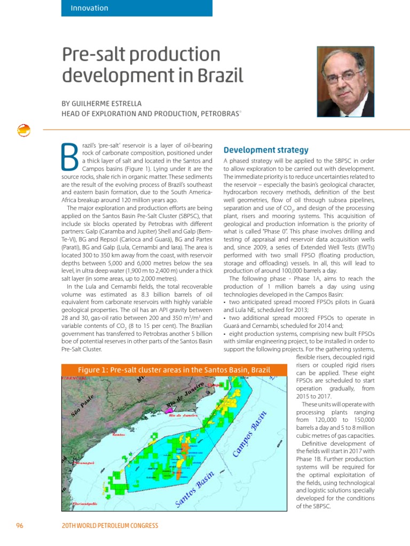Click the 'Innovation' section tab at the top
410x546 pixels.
[90, 8]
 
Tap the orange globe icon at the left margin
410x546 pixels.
[23, 130]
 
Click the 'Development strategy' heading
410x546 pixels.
[265, 150]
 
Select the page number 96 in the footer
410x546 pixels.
[20, 526]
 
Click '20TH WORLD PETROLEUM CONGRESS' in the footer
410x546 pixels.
[111, 526]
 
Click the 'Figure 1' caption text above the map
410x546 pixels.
[174, 370]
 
